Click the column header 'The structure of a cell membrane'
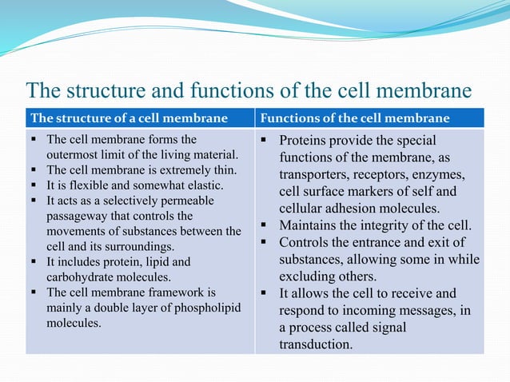point(129,119)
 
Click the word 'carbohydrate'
point(83,277)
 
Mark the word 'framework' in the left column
point(178,292)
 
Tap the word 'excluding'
point(309,277)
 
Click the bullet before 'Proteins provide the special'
point(265,141)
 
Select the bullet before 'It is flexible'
point(35,185)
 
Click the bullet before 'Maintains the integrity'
point(265,226)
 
